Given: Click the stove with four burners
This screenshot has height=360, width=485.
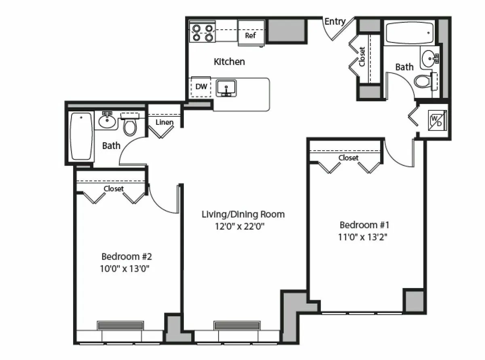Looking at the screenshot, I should pos(202,33).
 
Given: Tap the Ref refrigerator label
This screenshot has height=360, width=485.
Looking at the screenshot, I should pos(251,36).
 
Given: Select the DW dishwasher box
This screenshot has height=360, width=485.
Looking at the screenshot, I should pos(201,86).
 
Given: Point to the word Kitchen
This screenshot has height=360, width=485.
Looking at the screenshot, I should pos(229,62).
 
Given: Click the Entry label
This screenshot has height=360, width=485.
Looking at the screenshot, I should pos(335,21).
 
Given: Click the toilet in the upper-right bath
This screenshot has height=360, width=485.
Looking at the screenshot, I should pos(423,81).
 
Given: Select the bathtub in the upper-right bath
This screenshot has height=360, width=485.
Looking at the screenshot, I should pos(409,33).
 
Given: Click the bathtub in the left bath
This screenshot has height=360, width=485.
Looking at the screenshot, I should pos(81,136).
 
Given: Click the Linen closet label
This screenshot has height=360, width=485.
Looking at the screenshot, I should pos(164,122).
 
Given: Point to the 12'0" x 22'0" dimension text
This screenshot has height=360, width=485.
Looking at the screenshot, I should pos(240,226).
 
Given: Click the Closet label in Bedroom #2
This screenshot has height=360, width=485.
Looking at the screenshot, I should pos(114,189).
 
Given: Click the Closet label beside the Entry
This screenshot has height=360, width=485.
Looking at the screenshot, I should pos(362,57).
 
